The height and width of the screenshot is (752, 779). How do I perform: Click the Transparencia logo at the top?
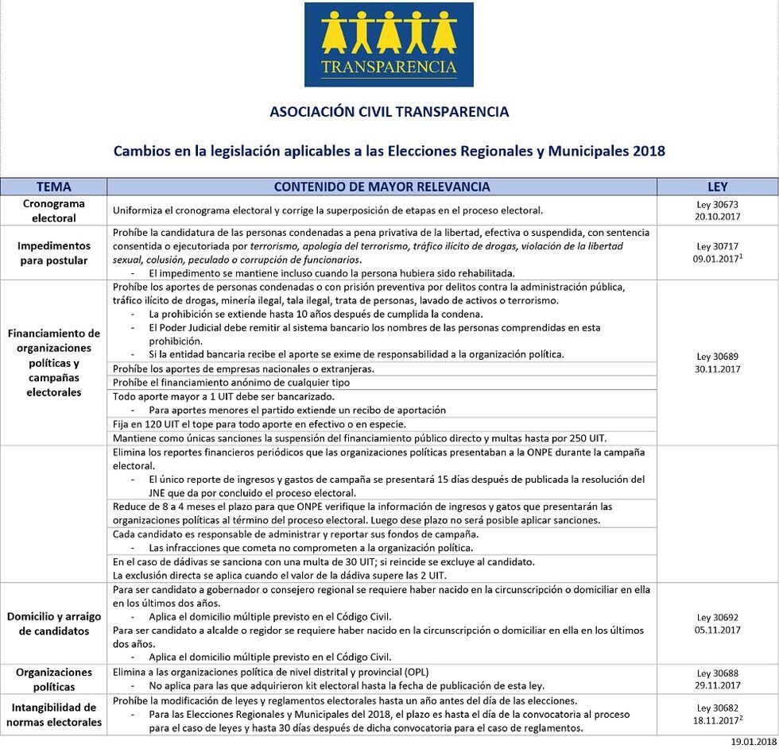[x=389, y=44]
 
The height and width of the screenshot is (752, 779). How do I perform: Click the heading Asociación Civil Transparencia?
[x=389, y=112]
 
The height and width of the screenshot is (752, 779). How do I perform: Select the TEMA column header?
[x=53, y=187]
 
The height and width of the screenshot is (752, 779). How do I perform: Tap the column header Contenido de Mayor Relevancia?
[x=382, y=187]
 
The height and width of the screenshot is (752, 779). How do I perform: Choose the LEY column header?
[x=717, y=187]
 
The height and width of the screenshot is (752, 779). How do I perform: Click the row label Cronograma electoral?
[x=53, y=210]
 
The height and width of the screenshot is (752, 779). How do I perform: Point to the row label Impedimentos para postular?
[x=53, y=253]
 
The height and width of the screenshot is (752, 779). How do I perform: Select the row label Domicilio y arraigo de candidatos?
[x=53, y=623]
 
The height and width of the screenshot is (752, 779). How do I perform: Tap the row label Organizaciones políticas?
[x=53, y=679]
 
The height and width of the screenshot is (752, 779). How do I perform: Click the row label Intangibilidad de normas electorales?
[x=53, y=715]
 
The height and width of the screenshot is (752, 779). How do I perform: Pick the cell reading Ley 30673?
[x=717, y=210]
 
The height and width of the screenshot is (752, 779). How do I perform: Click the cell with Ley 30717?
[x=717, y=253]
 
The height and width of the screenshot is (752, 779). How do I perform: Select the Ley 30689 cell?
[x=717, y=363]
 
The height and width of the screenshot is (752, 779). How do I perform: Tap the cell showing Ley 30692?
[x=717, y=623]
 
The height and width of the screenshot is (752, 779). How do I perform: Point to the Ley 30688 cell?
[x=717, y=679]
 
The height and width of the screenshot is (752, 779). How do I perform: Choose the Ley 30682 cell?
[x=717, y=714]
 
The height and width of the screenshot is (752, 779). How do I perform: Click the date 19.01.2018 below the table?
[x=754, y=742]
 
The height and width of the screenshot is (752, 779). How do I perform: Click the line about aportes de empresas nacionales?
[x=243, y=368]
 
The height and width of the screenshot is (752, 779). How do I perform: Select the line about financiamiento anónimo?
[x=231, y=383]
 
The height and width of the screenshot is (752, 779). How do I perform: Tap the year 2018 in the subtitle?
[x=649, y=151]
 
